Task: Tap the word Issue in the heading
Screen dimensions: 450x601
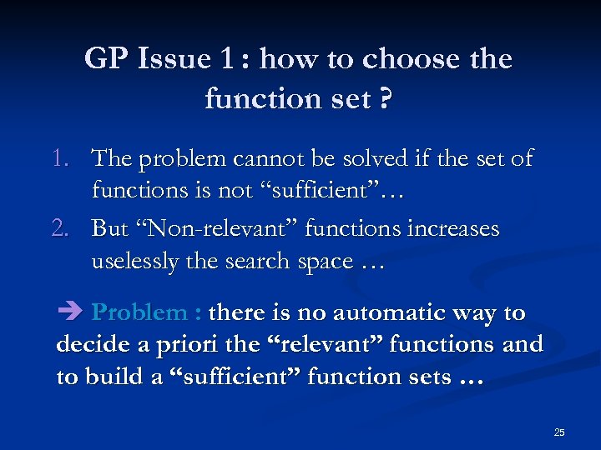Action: click(173, 59)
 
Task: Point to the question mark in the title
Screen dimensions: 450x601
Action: click(386, 100)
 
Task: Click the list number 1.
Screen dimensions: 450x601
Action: click(68, 158)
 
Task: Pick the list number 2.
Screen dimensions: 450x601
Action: click(68, 228)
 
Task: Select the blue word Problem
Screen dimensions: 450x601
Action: click(139, 313)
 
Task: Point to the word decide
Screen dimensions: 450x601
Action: click(87, 344)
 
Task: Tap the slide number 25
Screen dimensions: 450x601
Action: click(558, 432)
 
